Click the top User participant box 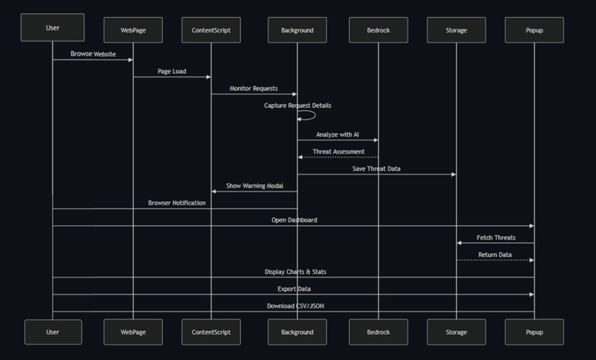(53, 28)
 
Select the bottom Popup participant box (534, 332)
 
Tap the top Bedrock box (378, 30)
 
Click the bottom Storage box (456, 332)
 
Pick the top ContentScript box (211, 30)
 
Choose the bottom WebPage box (133, 332)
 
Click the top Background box (297, 30)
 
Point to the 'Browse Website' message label (93, 54)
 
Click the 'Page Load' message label (172, 72)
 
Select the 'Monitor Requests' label (254, 89)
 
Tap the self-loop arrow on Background (309, 115)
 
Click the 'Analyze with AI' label (337, 135)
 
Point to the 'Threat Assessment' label (338, 152)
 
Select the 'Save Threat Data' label (376, 169)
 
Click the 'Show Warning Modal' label (254, 186)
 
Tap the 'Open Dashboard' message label (294, 220)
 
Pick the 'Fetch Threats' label (496, 237)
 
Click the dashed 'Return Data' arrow (495, 260)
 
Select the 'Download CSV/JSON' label (295, 306)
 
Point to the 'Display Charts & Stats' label (295, 272)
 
